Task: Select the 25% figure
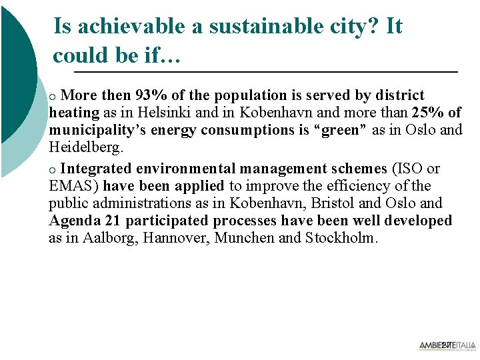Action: pyautogui.click(x=429, y=113)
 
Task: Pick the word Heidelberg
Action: pyautogui.click(x=85, y=147)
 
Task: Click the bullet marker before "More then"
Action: pyautogui.click(x=54, y=97)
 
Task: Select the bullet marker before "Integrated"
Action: pyautogui.click(x=54, y=169)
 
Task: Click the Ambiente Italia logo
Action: pyautogui.click(x=447, y=345)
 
